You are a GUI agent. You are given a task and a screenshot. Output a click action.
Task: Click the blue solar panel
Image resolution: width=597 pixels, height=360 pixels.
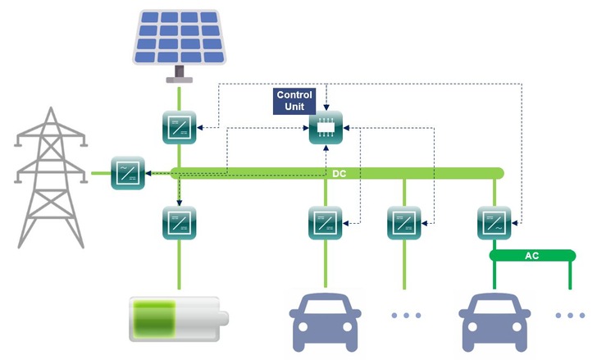pos(178,37)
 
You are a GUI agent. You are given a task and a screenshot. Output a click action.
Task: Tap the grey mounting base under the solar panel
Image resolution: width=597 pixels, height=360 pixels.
pos(178,77)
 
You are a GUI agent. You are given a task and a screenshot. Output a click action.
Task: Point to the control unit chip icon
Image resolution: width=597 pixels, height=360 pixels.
pos(325,128)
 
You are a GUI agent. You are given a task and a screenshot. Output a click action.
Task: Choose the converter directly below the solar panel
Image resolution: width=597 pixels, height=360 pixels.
pos(179,128)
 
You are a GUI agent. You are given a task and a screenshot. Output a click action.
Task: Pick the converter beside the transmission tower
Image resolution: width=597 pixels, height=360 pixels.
pos(128,173)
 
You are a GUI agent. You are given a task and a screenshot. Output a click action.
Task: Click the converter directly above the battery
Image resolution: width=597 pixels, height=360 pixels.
pos(179,221)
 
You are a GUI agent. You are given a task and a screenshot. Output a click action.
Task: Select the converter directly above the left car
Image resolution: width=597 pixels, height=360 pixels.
pos(325,221)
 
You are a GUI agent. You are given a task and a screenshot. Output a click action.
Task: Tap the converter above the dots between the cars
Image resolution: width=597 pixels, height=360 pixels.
pos(403,221)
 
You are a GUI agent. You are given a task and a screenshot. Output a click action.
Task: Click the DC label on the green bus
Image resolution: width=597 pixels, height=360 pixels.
pos(339,173)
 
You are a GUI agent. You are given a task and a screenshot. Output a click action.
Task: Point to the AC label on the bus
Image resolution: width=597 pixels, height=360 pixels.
pos(531,256)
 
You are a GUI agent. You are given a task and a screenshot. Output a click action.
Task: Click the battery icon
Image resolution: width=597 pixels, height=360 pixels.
pos(178,320)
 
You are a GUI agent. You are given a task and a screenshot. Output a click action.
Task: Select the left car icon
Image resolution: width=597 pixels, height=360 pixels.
pos(326,321)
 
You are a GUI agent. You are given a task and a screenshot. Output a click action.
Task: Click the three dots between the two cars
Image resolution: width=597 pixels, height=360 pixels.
pos(404,315)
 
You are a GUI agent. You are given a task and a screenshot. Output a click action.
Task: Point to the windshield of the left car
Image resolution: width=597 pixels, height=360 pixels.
pos(326,308)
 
